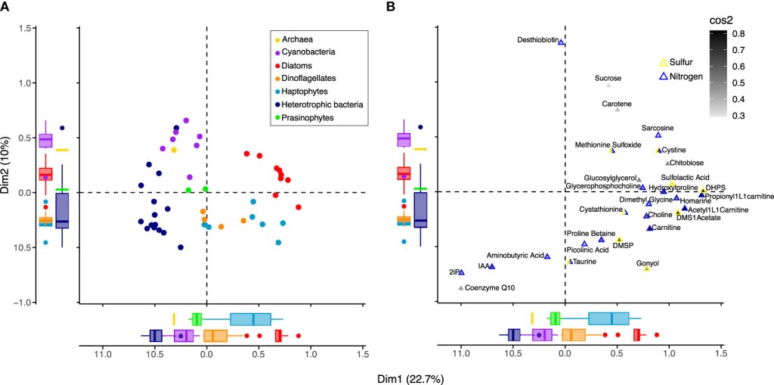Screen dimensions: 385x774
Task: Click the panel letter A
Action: (7, 7)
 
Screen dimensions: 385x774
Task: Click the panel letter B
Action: (391, 7)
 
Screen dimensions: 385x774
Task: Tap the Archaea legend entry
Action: (301, 39)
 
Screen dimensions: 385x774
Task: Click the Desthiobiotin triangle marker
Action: (562, 42)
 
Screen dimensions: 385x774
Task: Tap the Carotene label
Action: (617, 104)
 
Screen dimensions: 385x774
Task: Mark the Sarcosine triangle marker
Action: (658, 135)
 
